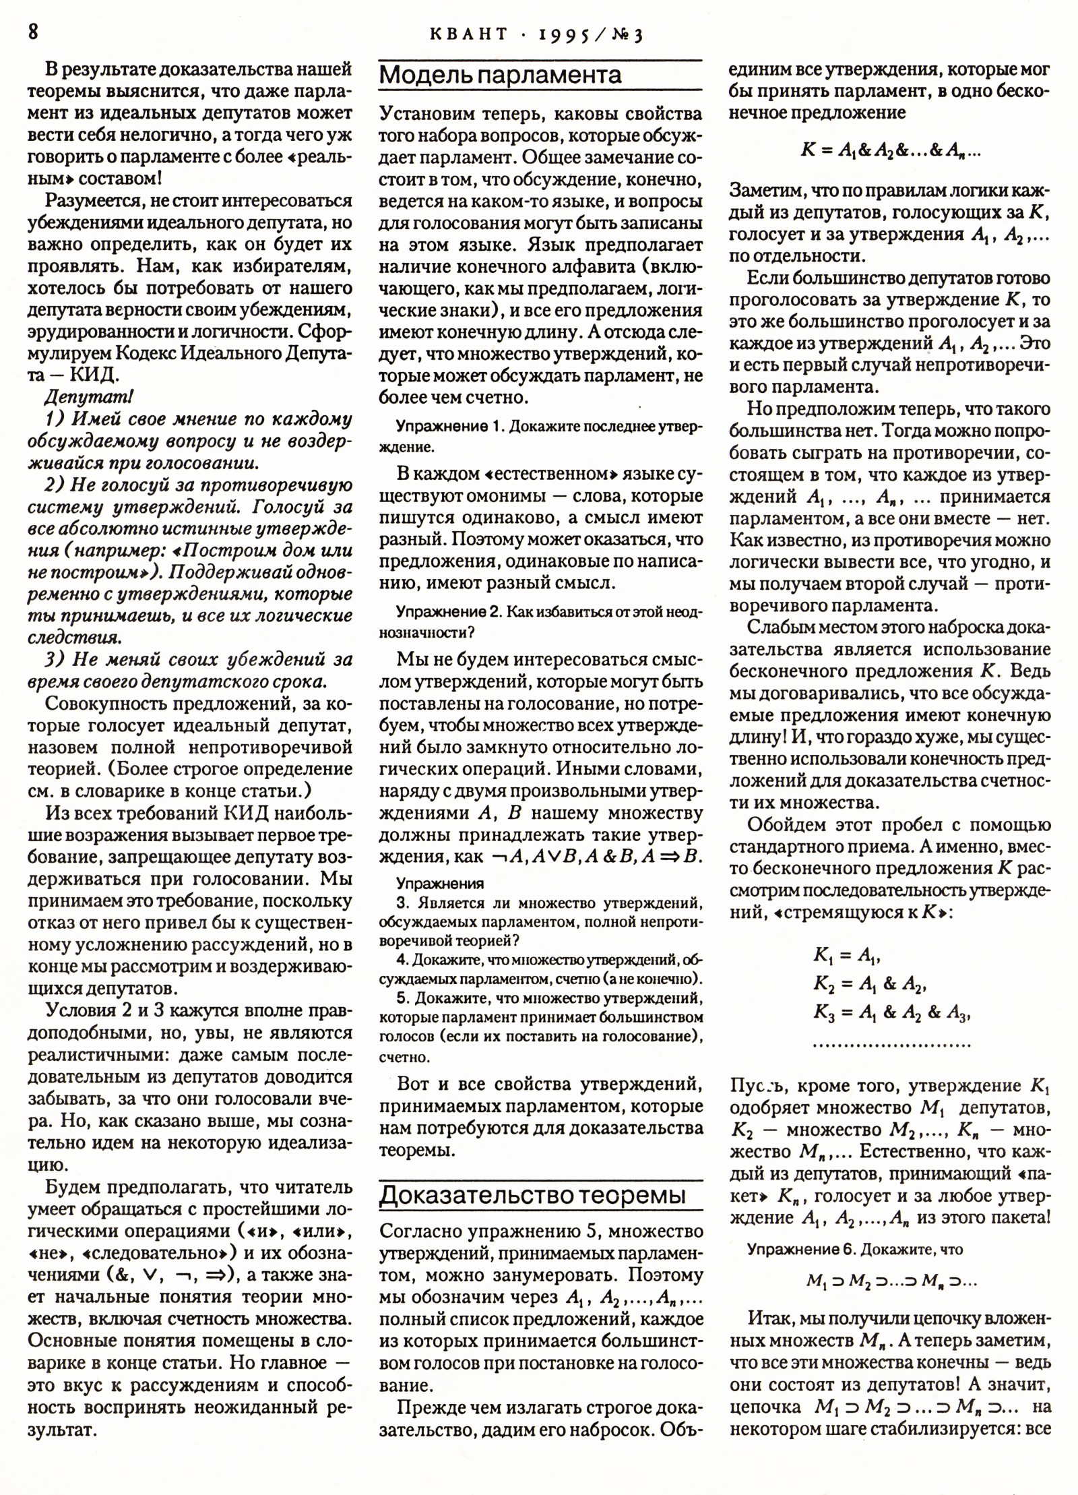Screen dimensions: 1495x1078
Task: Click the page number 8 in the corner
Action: coord(32,32)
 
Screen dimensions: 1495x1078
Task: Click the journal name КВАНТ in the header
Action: coord(467,34)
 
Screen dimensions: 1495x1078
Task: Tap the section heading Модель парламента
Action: coord(500,75)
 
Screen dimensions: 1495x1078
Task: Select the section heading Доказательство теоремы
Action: coord(532,1194)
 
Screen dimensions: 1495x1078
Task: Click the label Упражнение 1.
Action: coord(449,426)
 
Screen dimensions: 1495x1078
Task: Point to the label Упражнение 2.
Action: coord(449,612)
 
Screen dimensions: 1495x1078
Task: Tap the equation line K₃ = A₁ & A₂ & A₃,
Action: coord(891,1014)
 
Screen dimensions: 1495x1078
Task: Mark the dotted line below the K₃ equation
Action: coord(891,1045)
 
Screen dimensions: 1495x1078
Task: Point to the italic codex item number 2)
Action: coord(55,485)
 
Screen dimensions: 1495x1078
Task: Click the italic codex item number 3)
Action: coord(55,659)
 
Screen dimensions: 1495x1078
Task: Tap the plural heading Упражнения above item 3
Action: coord(439,883)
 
